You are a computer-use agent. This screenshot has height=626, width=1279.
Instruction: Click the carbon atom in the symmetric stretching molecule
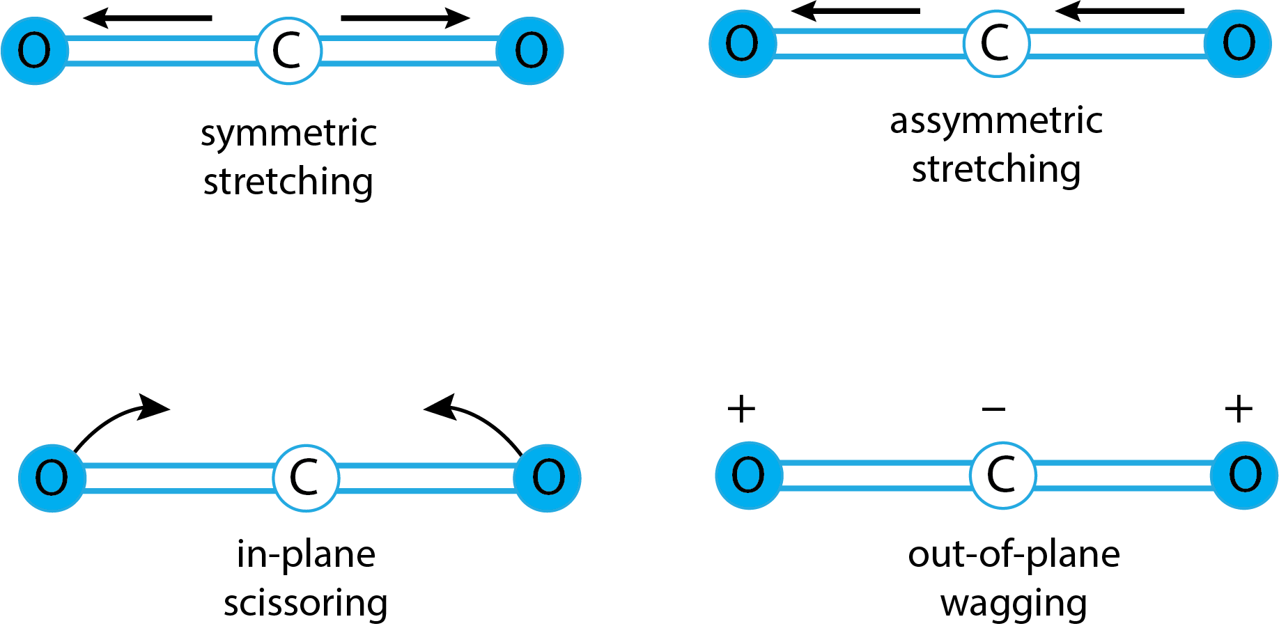[288, 51]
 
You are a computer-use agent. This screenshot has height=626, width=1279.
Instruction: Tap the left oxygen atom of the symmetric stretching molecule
[35, 51]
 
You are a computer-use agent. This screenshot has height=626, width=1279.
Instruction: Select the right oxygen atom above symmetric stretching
[530, 51]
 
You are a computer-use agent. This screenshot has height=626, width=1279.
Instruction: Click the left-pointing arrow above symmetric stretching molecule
[148, 17]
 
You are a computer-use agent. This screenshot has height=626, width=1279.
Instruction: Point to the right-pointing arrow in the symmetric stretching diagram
[405, 17]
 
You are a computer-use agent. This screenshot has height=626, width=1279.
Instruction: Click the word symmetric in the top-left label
[288, 133]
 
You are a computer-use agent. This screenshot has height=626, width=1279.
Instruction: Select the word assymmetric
[996, 120]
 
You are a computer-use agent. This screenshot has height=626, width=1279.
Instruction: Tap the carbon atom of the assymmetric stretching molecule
[996, 43]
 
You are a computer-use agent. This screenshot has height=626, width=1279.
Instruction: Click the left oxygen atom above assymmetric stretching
[743, 43]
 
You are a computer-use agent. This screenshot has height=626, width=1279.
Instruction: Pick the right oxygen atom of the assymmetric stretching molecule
[1239, 43]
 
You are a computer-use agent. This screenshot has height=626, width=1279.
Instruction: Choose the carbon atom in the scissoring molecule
[306, 478]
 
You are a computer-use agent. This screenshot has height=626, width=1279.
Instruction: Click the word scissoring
[306, 603]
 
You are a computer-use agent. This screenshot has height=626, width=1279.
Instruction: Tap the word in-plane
[306, 554]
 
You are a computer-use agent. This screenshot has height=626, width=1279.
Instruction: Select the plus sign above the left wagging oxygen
[741, 409]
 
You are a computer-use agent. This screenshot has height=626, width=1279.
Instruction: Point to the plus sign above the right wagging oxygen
[1239, 409]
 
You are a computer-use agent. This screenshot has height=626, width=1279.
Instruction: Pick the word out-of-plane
[1014, 555]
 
